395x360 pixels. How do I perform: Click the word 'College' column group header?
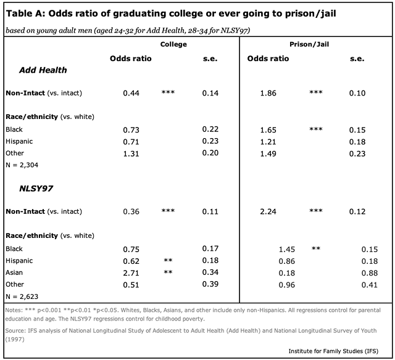point(173,44)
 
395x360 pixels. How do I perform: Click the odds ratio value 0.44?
point(131,93)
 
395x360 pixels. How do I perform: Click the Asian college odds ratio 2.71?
point(131,272)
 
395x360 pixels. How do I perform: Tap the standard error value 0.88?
point(370,272)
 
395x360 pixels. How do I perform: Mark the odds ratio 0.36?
point(131,211)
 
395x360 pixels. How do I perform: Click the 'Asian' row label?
point(14,272)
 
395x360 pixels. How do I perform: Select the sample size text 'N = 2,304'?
point(23,165)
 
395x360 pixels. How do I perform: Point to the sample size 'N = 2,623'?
point(23,295)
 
